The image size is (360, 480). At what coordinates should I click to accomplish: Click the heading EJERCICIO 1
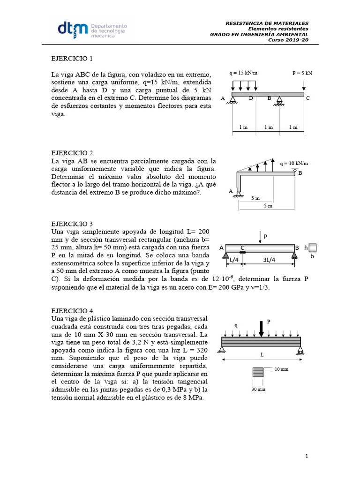(x=72, y=59)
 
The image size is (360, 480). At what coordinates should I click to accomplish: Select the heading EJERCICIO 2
(x=72, y=153)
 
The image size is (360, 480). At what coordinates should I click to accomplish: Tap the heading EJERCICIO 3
(x=72, y=224)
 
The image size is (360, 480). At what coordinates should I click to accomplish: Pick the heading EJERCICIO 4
(x=72, y=310)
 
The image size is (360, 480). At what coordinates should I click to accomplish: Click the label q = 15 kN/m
(x=244, y=73)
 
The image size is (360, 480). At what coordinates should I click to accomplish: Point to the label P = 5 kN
(x=302, y=73)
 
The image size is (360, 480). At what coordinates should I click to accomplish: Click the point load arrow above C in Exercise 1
(x=304, y=86)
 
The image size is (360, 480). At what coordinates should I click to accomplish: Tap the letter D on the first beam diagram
(x=251, y=98)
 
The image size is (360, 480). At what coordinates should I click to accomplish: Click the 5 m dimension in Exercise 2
(x=267, y=206)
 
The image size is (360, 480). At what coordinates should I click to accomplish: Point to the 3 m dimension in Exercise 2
(x=255, y=198)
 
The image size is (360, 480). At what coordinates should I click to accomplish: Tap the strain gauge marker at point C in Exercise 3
(x=242, y=253)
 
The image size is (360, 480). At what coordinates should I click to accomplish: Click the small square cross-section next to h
(x=313, y=247)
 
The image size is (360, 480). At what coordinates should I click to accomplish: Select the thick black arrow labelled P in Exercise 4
(x=261, y=329)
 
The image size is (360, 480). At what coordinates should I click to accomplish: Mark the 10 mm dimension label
(x=281, y=369)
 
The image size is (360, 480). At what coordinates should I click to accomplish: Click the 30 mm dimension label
(x=258, y=389)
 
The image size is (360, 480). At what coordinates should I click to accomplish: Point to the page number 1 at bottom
(x=306, y=456)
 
